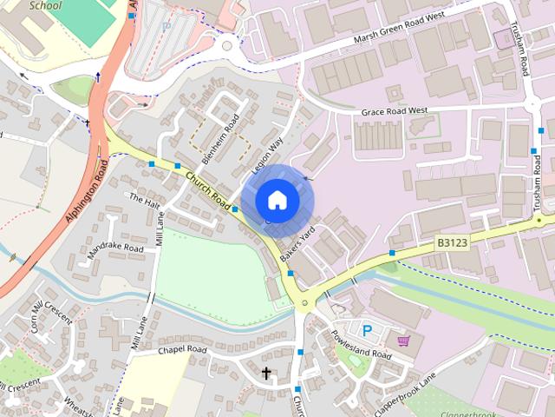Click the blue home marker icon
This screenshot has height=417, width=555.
[277, 201]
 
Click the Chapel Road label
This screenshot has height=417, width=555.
[182, 350]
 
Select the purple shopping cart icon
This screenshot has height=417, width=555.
[402, 341]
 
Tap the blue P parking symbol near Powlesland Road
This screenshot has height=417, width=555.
[367, 330]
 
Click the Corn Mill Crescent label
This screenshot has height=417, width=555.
[51, 315]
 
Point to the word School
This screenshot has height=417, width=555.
[46, 5]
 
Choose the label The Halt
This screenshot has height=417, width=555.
[145, 200]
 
